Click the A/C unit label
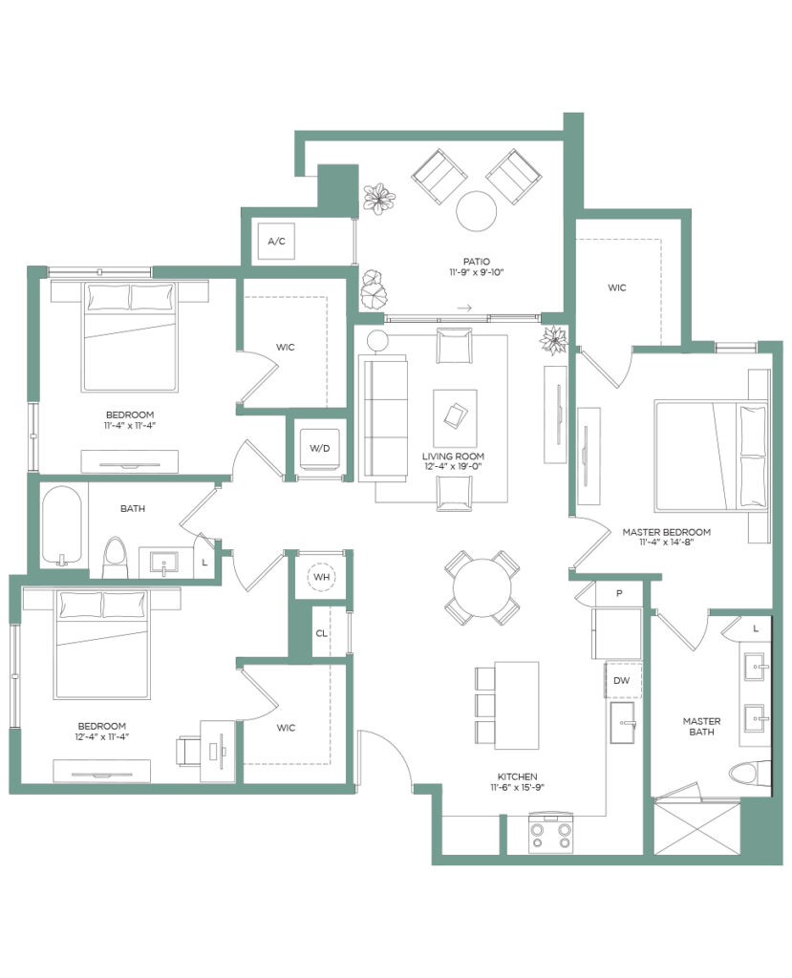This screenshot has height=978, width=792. coord(276,241)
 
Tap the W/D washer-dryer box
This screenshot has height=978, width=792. coord(320,449)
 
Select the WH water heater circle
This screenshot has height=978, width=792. coord(321,577)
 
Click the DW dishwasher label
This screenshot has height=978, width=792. coord(622,680)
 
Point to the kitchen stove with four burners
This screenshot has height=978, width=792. coord(550,835)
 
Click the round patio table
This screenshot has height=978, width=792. coord(476,211)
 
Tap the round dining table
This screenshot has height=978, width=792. coord(482,587)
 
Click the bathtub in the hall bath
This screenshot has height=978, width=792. coord(62,526)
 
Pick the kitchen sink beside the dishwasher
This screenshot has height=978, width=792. coord(622,722)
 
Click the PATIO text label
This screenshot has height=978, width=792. coord(476,262)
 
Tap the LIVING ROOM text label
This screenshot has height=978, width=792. coord(453,456)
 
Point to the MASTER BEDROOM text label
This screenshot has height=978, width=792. coord(667,532)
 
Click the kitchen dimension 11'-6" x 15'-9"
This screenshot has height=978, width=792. coord(518,787)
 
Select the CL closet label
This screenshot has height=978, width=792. coord(321,633)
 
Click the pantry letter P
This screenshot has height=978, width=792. coord(619,593)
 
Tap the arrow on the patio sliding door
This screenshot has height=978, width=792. coord(463,308)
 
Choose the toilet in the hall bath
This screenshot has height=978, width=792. coord(115,557)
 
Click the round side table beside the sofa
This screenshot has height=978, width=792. coord(377,341)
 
